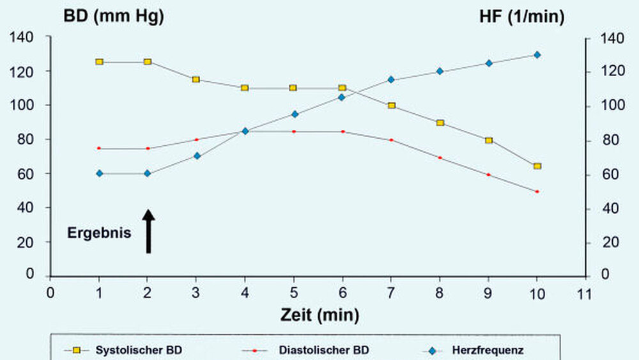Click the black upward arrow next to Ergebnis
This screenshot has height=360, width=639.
(148, 231)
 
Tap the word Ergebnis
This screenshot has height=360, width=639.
(99, 233)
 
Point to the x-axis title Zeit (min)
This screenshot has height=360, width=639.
(319, 315)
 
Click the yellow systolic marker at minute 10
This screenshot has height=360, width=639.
(537, 166)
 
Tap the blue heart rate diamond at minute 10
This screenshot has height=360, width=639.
(537, 55)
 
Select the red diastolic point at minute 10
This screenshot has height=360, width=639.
(537, 191)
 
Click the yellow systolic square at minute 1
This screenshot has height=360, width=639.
(99, 62)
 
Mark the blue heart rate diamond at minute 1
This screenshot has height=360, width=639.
(99, 173)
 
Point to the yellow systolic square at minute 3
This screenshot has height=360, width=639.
(196, 79)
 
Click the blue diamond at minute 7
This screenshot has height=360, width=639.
(391, 80)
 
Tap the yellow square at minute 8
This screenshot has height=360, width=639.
(440, 123)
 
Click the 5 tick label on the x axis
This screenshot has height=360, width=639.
(294, 293)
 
